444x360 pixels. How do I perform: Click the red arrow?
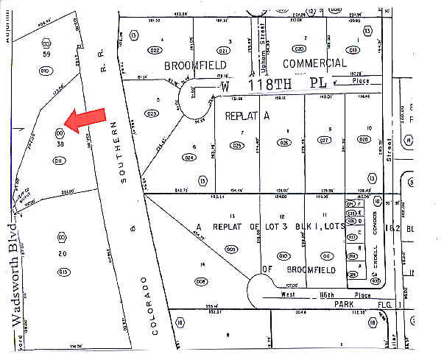[x=86, y=120]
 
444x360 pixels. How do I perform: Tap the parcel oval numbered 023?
[x=152, y=113]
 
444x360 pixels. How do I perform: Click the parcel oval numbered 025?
[x=236, y=145]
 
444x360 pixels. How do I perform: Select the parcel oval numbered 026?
[x=284, y=143]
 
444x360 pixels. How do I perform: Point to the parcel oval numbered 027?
[x=323, y=139]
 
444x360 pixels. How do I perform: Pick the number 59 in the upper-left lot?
[x=46, y=54]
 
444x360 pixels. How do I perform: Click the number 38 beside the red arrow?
[x=60, y=145]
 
